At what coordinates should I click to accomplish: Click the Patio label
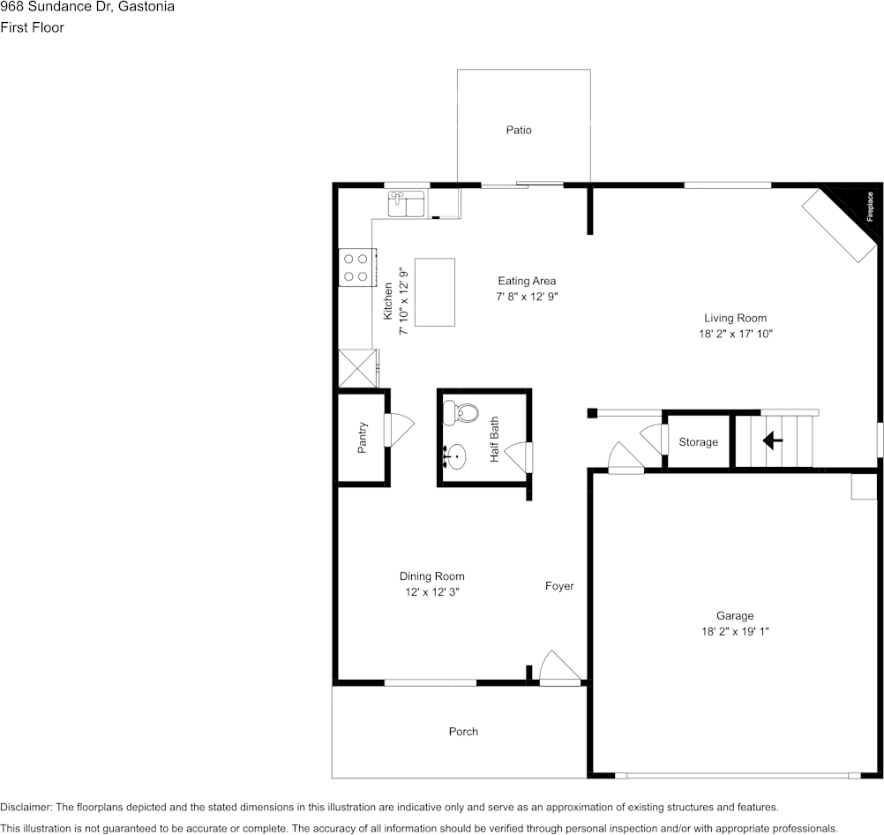(519, 130)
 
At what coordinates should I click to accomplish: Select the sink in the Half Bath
(455, 456)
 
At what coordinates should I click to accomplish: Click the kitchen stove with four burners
(357, 267)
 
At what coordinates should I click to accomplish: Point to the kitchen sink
(406, 204)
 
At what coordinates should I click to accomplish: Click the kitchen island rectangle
(435, 292)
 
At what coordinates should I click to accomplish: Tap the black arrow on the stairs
(772, 440)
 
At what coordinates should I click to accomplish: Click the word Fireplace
(870, 207)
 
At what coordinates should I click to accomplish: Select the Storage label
(698, 442)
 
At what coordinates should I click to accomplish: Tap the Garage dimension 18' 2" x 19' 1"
(735, 631)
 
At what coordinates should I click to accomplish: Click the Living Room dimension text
(736, 334)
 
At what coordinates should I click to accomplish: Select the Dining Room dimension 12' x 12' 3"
(432, 592)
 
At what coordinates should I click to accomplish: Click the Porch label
(463, 731)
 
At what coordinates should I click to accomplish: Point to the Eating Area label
(527, 281)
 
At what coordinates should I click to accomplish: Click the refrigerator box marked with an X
(357, 368)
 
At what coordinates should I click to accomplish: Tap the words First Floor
(32, 27)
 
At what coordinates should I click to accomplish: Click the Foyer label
(559, 586)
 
